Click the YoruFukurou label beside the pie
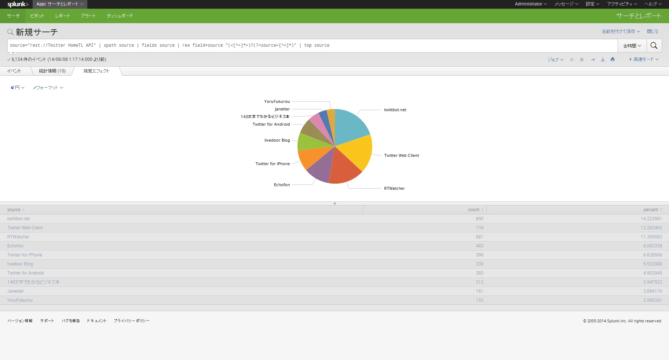tap(277, 102)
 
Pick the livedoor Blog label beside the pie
tap(277, 141)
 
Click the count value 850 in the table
tap(479, 219)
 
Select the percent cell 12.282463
tap(651, 228)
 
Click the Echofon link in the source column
tap(15, 246)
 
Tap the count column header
tap(474, 210)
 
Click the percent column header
tap(651, 210)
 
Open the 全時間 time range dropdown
tap(632, 46)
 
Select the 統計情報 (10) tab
tap(52, 71)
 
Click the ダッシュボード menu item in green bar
tap(120, 16)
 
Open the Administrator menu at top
tap(530, 4)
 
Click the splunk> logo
tap(18, 4)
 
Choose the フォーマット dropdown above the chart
tap(48, 88)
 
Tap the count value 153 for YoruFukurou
tap(479, 300)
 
